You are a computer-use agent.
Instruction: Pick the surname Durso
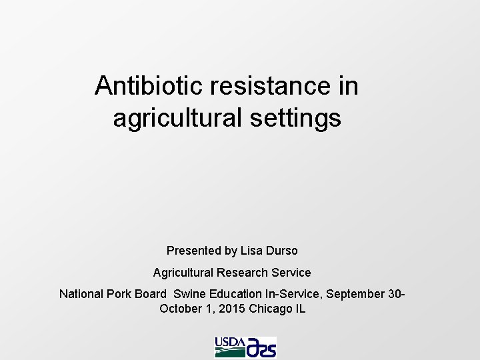tap(282, 251)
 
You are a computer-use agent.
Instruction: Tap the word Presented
tap(193, 251)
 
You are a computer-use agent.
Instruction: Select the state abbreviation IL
tap(300, 309)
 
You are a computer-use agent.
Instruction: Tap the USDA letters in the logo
tap(229, 343)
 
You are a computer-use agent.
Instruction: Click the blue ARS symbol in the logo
tap(261, 347)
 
